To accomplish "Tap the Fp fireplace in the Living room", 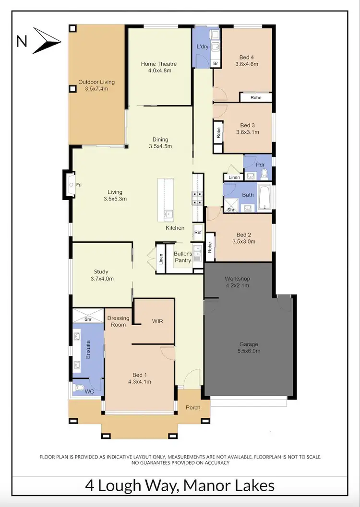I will click(71, 184).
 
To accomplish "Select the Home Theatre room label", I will click(159, 64).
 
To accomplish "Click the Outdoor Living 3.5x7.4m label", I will click(96, 85).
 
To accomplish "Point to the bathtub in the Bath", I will click(264, 196).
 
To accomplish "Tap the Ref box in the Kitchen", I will click(198, 233).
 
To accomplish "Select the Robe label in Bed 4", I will click(256, 97).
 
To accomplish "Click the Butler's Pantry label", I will click(182, 257).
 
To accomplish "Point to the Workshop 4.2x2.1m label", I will click(238, 282).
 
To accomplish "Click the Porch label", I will click(193, 408).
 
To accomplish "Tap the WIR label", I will click(157, 321).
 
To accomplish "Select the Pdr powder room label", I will click(261, 165).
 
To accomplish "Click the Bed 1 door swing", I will click(168, 353).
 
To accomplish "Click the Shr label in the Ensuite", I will click(88, 319).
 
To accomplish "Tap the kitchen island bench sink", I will click(168, 214).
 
